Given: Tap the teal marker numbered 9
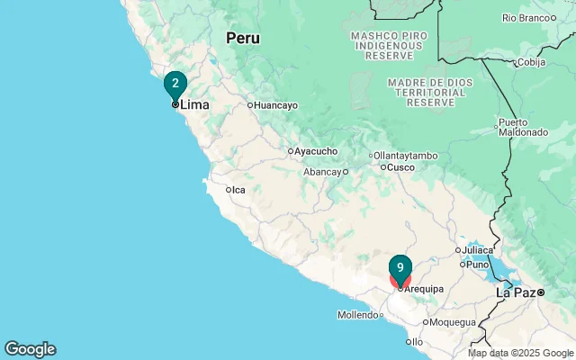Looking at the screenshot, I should tap(400, 268).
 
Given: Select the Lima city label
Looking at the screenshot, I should tap(194, 105).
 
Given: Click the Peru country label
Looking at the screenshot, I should tap(242, 38).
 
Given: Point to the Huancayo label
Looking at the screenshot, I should tap(275, 105).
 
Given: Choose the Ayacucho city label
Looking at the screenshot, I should tap(316, 151).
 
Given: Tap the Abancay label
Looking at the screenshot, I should tap(322, 172).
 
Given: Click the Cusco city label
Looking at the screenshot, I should tap(400, 167).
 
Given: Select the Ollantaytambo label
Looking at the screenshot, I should tap(405, 156).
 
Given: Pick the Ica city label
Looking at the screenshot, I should tap(238, 190).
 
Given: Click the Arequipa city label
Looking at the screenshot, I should tap(424, 289).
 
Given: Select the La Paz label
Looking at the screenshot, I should tap(517, 292).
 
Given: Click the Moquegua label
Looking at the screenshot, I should tap(453, 322).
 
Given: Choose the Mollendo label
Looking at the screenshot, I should tap(358, 315).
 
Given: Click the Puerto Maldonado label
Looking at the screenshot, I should tap(523, 128).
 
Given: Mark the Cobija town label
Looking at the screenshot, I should tap(530, 63).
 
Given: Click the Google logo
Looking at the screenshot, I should tap(30, 349).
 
